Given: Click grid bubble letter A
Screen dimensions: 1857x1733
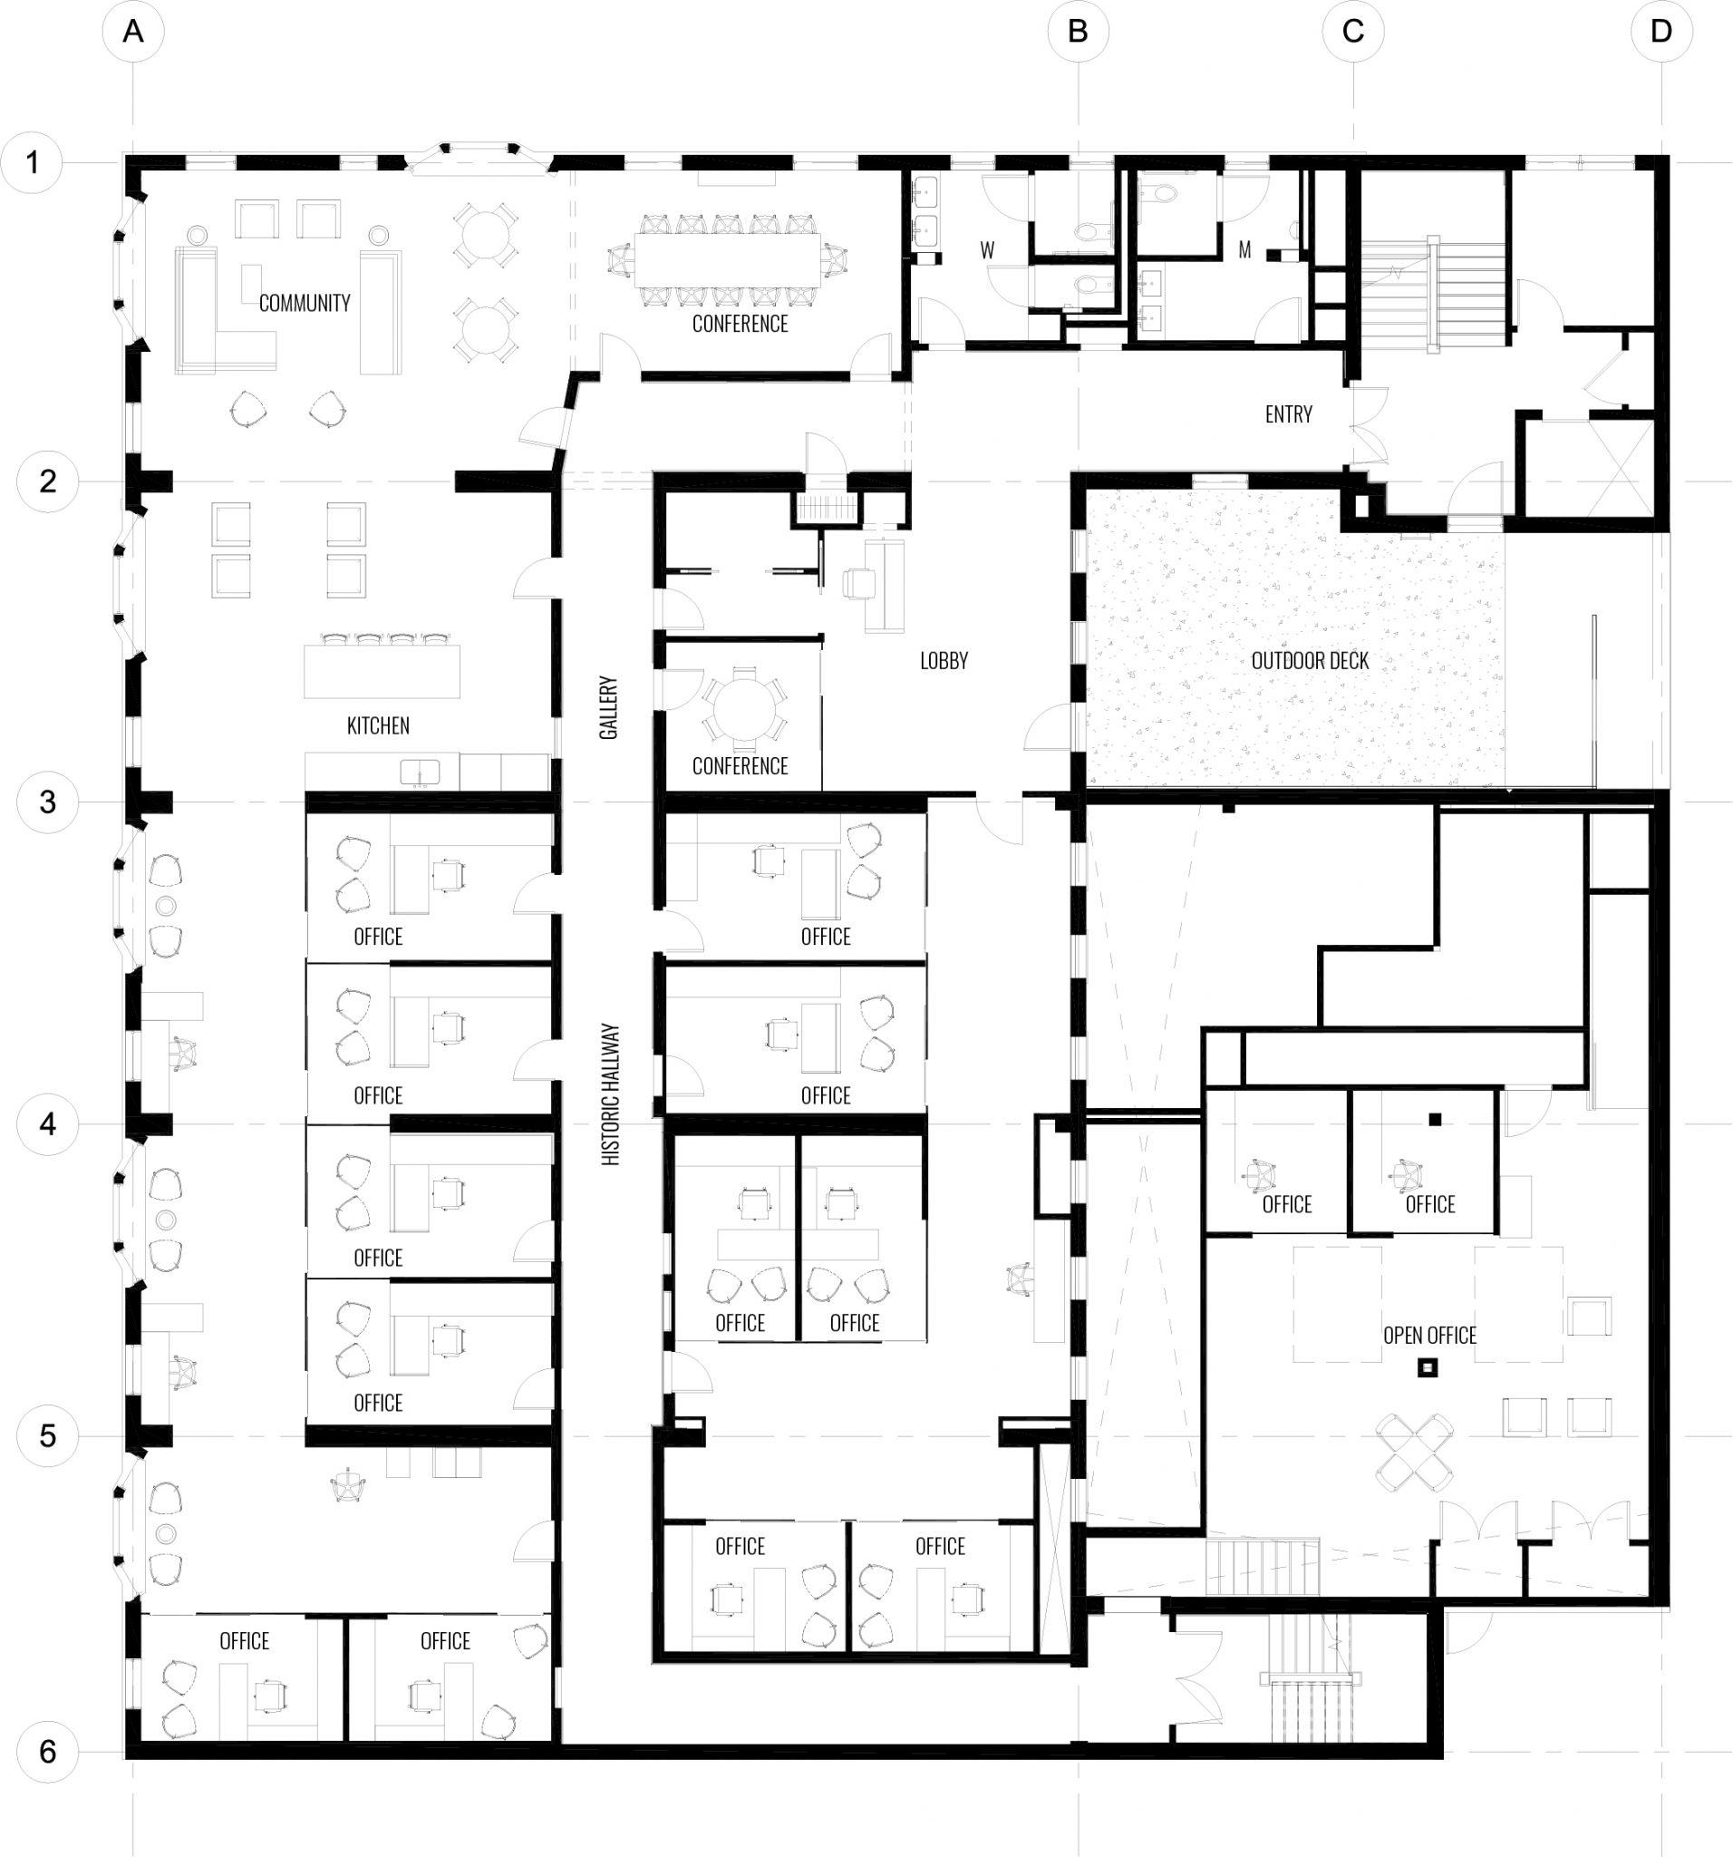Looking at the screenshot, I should pyautogui.click(x=133, y=32).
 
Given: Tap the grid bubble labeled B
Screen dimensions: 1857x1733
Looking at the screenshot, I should pyautogui.click(x=1078, y=32).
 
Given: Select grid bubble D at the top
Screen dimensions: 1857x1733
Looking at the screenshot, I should pyautogui.click(x=1661, y=32).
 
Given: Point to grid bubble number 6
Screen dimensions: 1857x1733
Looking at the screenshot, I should pyautogui.click(x=48, y=1751).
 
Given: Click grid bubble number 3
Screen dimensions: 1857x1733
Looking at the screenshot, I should pyautogui.click(x=48, y=802).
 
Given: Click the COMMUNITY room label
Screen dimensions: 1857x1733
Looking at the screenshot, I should pyautogui.click(x=305, y=303).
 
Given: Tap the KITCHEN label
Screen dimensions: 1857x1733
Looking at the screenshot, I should pyautogui.click(x=378, y=725).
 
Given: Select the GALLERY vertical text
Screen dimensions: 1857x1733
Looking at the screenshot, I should pyautogui.click(x=609, y=708).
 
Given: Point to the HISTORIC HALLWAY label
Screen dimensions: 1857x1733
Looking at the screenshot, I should pyautogui.click(x=611, y=1094).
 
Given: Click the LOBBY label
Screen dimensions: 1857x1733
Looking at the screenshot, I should pyautogui.click(x=944, y=661).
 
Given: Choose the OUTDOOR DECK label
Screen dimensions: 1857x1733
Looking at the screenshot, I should pyautogui.click(x=1309, y=661).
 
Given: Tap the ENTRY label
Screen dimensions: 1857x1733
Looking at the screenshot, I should pyautogui.click(x=1289, y=414).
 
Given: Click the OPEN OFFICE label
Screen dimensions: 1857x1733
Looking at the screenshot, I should pyautogui.click(x=1429, y=1336).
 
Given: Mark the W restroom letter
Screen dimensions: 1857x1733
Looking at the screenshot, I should pyautogui.click(x=987, y=250).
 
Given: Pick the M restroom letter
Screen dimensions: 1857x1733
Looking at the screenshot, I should pyautogui.click(x=1244, y=249).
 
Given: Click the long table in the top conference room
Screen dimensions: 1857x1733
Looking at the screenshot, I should pyautogui.click(x=729, y=257).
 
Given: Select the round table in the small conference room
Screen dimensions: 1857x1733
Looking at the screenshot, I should pyautogui.click(x=744, y=710).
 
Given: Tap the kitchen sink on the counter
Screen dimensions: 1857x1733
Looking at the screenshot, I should pyautogui.click(x=421, y=772).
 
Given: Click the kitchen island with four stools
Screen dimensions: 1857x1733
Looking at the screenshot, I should pyautogui.click(x=382, y=670).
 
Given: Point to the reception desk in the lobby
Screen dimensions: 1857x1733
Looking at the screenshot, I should pyautogui.click(x=886, y=584).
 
